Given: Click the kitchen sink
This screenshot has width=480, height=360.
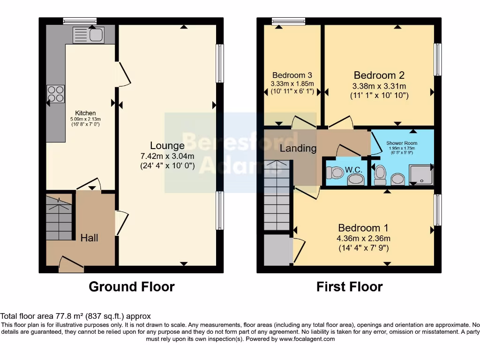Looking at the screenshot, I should point(89,34).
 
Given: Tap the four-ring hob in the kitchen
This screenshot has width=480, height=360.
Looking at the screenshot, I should point(55,94).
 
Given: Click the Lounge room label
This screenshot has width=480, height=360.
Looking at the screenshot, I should point(167,145).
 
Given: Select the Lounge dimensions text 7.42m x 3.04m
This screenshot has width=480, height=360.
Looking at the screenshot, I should point(167,156).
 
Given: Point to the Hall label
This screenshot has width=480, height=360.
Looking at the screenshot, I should point(89,238).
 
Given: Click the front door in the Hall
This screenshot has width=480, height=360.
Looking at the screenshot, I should point(71,265).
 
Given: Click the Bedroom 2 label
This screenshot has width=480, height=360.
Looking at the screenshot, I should point(379,75).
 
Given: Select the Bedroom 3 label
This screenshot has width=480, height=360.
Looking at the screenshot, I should point(292,75).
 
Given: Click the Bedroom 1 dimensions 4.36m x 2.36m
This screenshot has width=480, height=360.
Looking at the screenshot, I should point(363,238).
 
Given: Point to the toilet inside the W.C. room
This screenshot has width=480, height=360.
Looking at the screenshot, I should point(336,173).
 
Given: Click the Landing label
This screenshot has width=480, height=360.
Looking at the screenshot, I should point(298,148).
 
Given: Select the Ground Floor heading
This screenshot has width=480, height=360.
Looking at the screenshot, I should point(132,286).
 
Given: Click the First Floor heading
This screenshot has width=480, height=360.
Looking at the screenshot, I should point(349,286).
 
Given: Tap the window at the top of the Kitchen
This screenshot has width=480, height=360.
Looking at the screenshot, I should point(80,20).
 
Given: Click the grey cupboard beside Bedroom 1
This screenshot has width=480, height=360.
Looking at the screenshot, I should point(277,250).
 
